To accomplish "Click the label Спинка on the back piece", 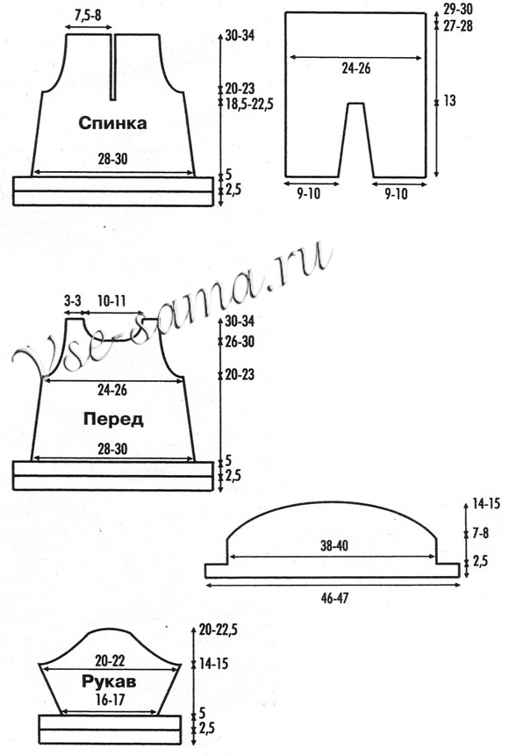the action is (x=112, y=123).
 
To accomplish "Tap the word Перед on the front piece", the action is (x=113, y=419).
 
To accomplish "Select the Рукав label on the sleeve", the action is (x=109, y=681).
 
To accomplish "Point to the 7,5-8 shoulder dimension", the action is (x=88, y=16).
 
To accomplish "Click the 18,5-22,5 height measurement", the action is (x=249, y=104).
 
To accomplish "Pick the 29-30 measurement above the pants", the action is (x=458, y=9).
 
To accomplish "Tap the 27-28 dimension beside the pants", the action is (x=458, y=25).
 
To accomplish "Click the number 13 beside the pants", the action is (x=449, y=101).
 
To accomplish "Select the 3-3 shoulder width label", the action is (x=72, y=302).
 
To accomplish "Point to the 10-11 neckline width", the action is (x=111, y=302).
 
